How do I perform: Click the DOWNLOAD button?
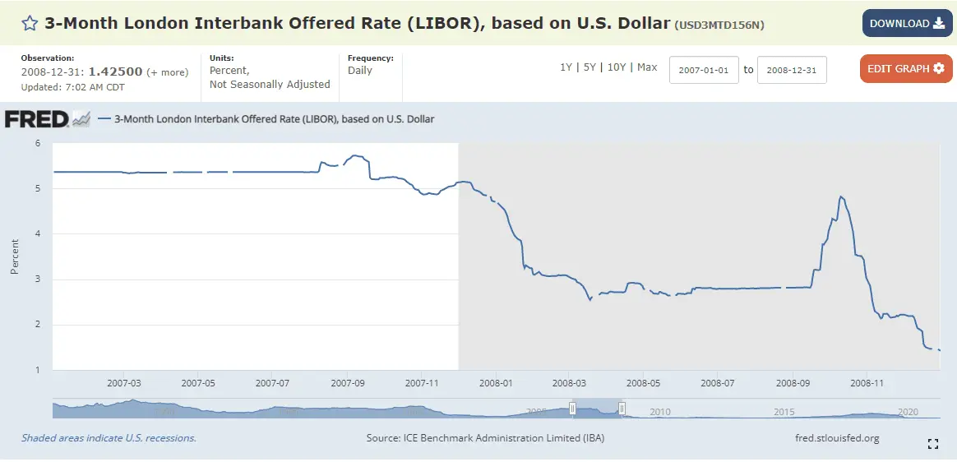click(x=907, y=23)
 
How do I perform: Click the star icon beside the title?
click(x=30, y=23)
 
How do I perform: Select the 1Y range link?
click(x=566, y=67)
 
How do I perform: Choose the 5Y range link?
click(x=589, y=67)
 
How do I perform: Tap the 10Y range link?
click(x=617, y=67)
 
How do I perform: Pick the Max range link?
click(x=647, y=67)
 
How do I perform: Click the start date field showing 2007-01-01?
click(x=705, y=70)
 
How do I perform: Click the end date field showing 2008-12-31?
click(x=792, y=70)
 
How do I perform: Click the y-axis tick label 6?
click(x=37, y=143)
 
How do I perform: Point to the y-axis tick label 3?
click(x=37, y=280)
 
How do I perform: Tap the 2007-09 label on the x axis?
click(x=348, y=383)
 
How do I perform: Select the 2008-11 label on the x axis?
click(x=867, y=383)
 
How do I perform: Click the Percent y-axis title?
click(x=15, y=256)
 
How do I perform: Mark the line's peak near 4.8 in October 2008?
click(x=840, y=197)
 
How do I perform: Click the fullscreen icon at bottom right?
click(x=933, y=444)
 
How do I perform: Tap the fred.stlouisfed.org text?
click(x=838, y=438)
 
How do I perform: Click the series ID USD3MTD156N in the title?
click(x=719, y=25)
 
